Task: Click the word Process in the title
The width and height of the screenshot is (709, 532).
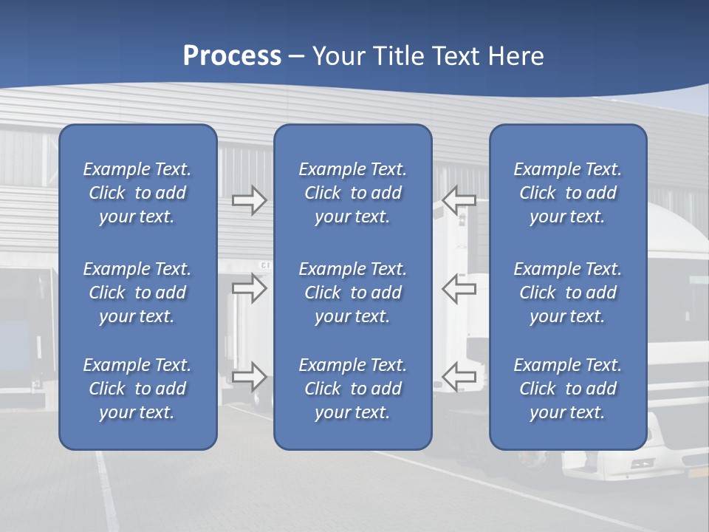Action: [x=232, y=56]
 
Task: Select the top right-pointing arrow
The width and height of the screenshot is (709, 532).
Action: [x=249, y=199]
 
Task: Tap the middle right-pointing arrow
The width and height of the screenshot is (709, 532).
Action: [x=249, y=288]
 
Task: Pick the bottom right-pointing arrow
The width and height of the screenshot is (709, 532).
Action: [x=249, y=376]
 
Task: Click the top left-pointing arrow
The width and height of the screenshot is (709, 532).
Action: [x=459, y=199]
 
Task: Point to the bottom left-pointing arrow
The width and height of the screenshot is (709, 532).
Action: [x=459, y=376]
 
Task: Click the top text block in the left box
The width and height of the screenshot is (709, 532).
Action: [x=137, y=193]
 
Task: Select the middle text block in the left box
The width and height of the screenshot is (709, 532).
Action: [x=137, y=293]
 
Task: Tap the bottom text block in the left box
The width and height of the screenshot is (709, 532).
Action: [x=137, y=389]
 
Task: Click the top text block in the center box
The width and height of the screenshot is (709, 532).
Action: [x=352, y=193]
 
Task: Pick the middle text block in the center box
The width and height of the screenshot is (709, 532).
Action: [x=352, y=293]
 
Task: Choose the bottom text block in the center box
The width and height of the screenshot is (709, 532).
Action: [x=352, y=389]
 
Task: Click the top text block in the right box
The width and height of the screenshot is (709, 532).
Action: [x=567, y=193]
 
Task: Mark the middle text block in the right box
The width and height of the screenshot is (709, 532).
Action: [x=567, y=293]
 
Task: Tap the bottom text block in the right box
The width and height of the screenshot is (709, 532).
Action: [x=567, y=389]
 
